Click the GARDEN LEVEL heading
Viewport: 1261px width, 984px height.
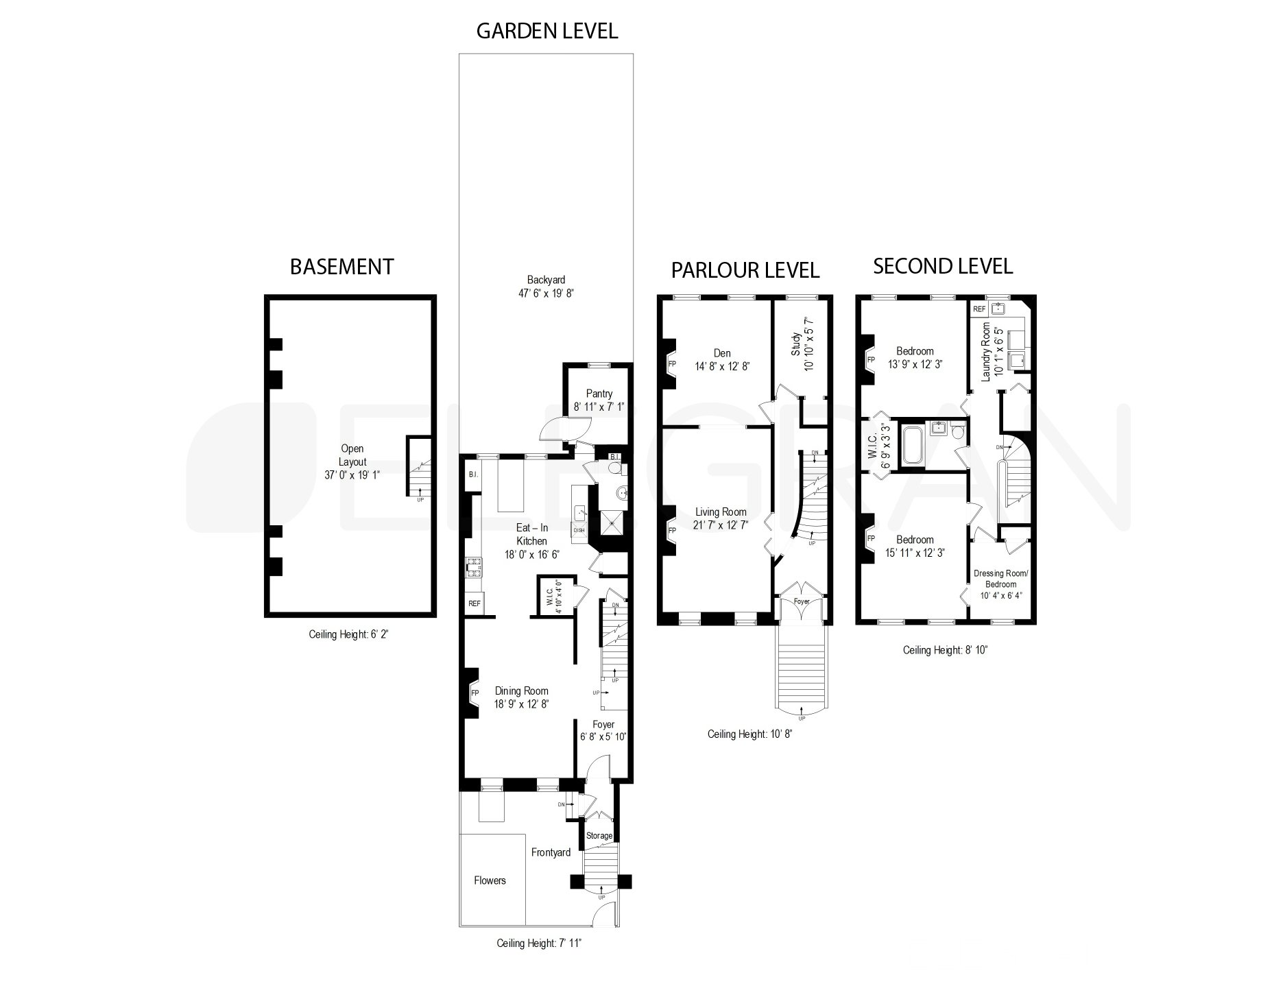(x=547, y=31)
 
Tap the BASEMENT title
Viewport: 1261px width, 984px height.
(x=341, y=266)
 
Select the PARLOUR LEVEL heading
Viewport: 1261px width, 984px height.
(x=745, y=269)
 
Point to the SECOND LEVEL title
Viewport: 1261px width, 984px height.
(x=942, y=266)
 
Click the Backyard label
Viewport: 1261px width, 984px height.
(x=546, y=280)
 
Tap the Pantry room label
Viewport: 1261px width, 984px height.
(x=599, y=394)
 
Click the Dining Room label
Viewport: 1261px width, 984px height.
(x=521, y=691)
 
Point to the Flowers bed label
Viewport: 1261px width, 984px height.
(x=490, y=880)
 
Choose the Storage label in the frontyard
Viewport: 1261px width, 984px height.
(x=599, y=836)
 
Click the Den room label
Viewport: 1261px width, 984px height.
(x=721, y=353)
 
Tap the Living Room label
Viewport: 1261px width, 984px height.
(x=721, y=512)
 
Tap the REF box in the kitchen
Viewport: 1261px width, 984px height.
(x=474, y=603)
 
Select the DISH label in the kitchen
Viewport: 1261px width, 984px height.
(x=579, y=529)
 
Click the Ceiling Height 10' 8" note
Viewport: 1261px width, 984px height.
(x=749, y=734)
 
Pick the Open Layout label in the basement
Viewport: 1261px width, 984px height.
(x=352, y=455)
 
